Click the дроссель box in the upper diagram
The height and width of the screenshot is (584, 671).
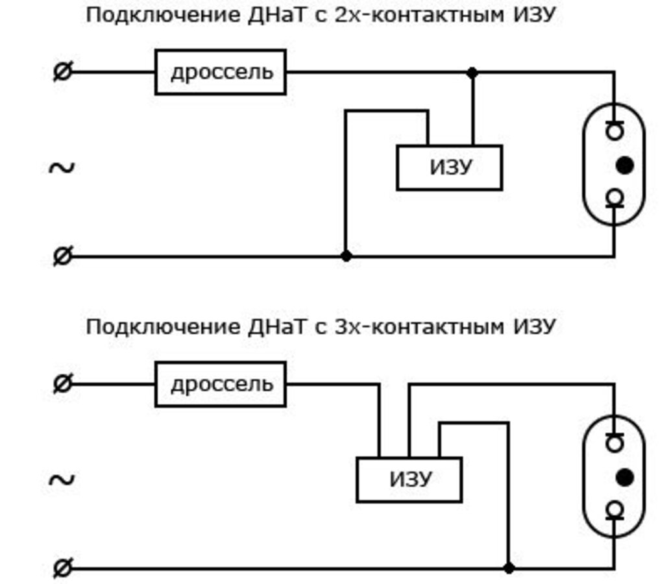click(x=221, y=72)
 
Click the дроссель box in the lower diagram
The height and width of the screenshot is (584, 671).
click(x=221, y=384)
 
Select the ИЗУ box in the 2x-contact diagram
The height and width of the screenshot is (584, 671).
click(x=449, y=167)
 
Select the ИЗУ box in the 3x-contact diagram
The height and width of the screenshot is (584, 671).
click(x=409, y=480)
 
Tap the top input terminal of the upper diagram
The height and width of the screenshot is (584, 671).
click(x=62, y=72)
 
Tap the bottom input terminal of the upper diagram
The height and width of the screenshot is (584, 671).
click(x=62, y=256)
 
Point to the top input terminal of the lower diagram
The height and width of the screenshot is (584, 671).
click(x=62, y=384)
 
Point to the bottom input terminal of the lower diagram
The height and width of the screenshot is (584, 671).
click(x=62, y=569)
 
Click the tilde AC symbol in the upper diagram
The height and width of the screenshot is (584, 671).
click(x=62, y=168)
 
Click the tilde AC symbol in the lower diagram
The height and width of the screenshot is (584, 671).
click(x=62, y=480)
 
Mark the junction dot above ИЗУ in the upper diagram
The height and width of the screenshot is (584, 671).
click(x=472, y=73)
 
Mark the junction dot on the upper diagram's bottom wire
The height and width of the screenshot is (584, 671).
click(x=347, y=256)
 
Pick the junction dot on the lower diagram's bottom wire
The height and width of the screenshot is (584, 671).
click(x=509, y=568)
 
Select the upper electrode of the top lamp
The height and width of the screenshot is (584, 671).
click(x=614, y=130)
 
